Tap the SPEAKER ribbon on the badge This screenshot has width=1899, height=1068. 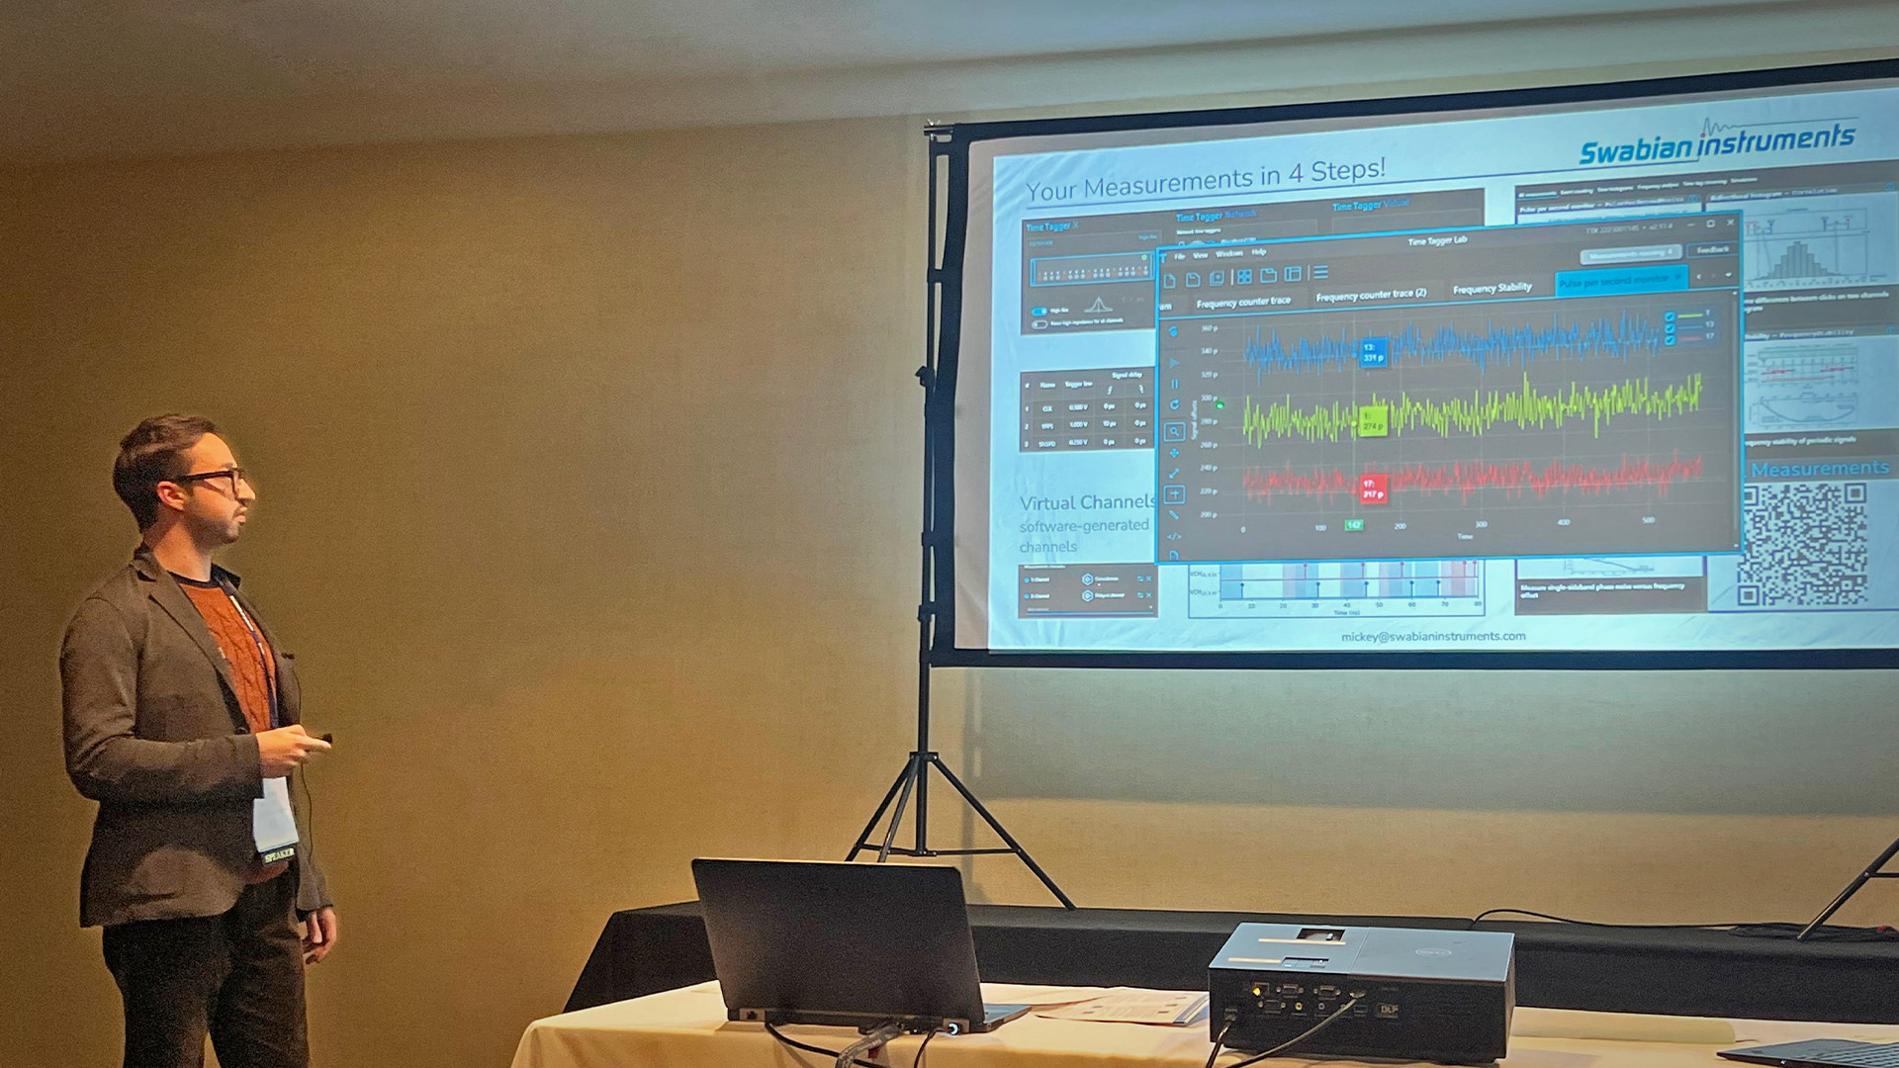click(279, 852)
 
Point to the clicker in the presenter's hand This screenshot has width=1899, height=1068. click(322, 738)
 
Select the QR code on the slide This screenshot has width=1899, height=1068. click(1803, 544)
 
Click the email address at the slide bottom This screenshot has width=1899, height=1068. click(1433, 637)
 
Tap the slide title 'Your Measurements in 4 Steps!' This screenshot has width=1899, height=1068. click(1205, 179)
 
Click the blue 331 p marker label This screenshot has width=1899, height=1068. click(1373, 352)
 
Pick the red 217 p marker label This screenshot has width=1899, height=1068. click(1372, 489)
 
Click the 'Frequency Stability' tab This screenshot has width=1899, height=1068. click(1492, 289)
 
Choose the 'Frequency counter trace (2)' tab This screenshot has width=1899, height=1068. click(1371, 295)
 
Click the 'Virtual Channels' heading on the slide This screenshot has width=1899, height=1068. click(1087, 502)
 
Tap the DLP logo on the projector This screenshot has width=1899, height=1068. click(1389, 1009)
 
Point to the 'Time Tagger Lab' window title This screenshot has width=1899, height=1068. click(1437, 240)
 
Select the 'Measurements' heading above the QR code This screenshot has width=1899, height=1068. click(1819, 469)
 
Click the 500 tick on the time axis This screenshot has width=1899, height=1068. click(1648, 520)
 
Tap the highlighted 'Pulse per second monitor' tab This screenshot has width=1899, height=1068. click(1619, 281)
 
